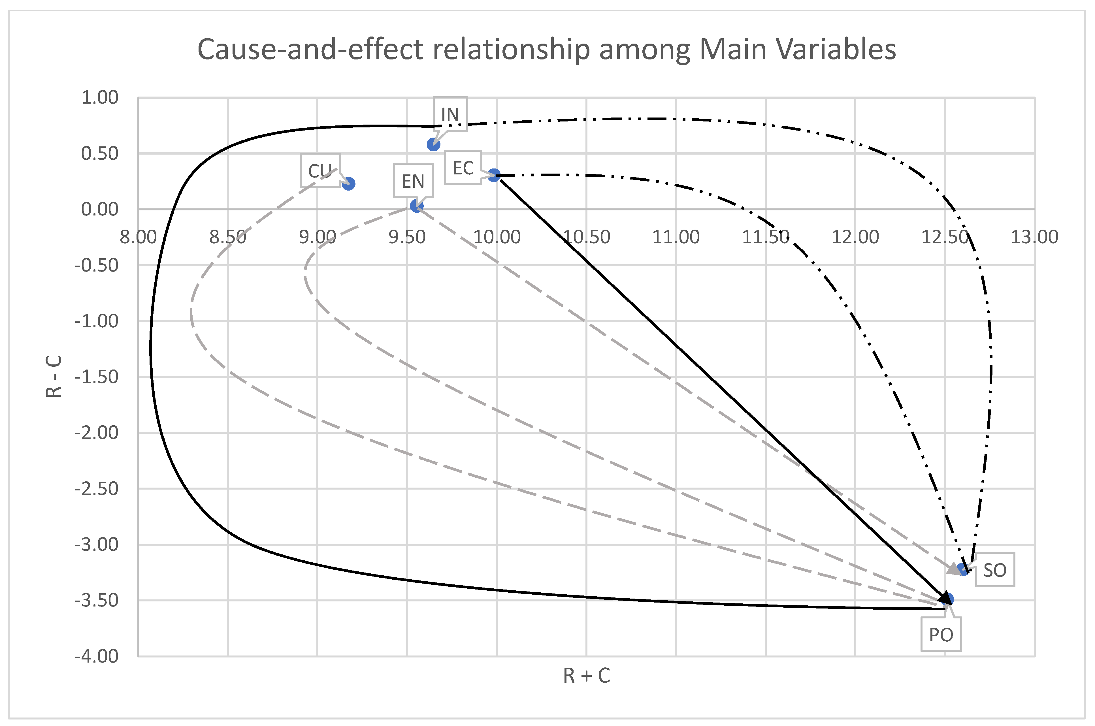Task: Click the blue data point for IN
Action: pos(433,144)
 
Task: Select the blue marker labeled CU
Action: pos(349,184)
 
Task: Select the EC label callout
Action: pos(463,168)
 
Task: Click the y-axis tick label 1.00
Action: pos(100,98)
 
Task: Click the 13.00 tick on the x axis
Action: pos(1034,237)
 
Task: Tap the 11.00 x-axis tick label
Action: pos(676,237)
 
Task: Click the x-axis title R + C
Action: pos(586,676)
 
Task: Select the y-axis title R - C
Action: pos(54,376)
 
